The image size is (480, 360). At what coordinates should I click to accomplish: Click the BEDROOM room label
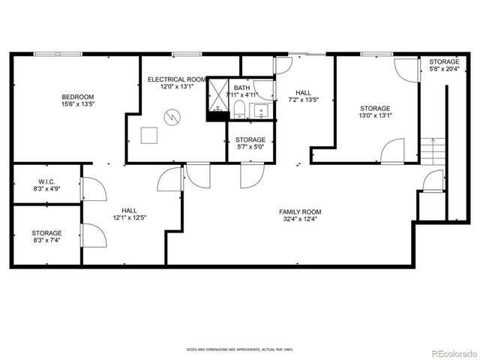(77, 97)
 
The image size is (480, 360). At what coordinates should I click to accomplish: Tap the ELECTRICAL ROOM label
(176, 79)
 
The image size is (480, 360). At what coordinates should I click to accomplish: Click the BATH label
(241, 87)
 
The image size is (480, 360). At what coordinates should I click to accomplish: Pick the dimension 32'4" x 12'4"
(300, 220)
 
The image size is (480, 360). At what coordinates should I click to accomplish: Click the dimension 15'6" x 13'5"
(77, 105)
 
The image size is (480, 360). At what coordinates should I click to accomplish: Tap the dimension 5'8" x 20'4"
(444, 70)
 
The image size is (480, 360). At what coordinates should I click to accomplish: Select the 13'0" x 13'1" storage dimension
(375, 117)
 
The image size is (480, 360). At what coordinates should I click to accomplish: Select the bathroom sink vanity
(262, 112)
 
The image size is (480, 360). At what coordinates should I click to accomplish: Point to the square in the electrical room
(150, 135)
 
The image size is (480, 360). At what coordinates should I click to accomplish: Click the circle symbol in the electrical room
(172, 117)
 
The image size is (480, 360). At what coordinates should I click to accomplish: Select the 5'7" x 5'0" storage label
(250, 143)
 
